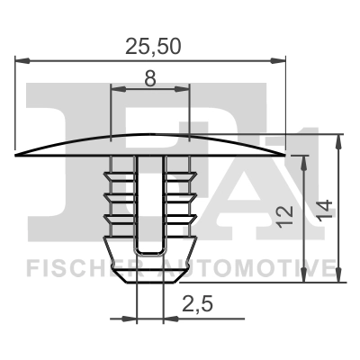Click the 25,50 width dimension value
[151, 42]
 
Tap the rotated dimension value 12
[287, 213]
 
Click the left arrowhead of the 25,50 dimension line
[22, 61]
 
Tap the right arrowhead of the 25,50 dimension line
[280, 61]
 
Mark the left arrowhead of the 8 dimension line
[114, 89]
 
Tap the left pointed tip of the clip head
[18, 156]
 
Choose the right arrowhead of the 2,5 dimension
[169, 318]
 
